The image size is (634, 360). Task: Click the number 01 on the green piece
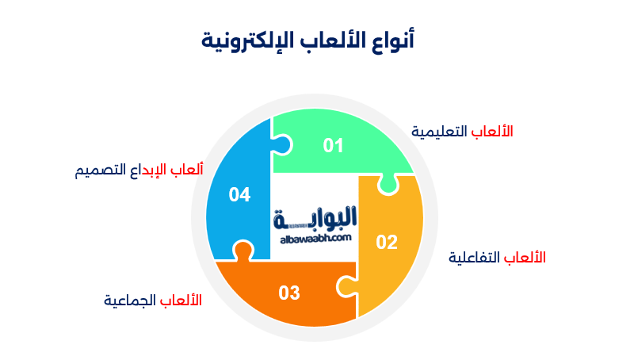[333, 145]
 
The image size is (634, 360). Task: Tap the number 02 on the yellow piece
[387, 243]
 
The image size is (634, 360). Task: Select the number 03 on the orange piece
[289, 293]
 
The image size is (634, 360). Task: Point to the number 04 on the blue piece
[239, 194]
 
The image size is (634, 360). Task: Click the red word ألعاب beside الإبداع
[188, 170]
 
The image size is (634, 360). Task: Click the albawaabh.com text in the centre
[315, 238]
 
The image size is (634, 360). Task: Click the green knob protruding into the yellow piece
[387, 185]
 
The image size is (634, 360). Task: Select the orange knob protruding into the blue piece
[243, 251]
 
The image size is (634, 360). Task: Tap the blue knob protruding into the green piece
[283, 145]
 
